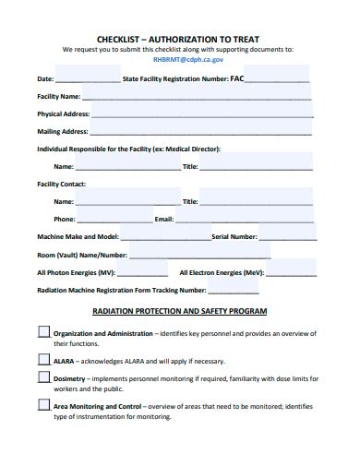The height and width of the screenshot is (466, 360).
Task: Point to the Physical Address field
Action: [201, 114]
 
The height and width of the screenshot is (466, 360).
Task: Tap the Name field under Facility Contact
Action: [127, 200]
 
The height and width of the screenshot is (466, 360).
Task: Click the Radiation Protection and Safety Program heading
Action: [180, 311]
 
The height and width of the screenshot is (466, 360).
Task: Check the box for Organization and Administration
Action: [43, 330]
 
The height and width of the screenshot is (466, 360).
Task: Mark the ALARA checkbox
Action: [43, 359]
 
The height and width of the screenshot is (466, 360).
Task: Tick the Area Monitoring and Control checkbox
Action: [43, 405]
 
